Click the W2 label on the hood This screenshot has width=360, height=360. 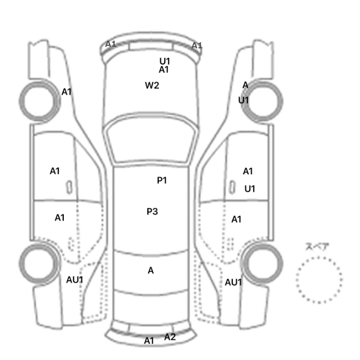click(x=152, y=85)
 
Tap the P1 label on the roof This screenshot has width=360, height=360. click(x=162, y=180)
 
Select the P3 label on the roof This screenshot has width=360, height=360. click(x=152, y=211)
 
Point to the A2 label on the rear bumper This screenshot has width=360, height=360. click(x=170, y=337)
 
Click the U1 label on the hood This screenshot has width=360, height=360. click(x=165, y=61)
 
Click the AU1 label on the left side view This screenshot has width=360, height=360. click(x=75, y=280)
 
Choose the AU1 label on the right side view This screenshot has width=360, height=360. click(x=233, y=282)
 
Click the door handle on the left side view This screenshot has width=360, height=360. click(x=69, y=187)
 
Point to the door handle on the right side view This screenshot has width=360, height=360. click(x=232, y=187)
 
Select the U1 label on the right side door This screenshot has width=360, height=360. click(x=250, y=189)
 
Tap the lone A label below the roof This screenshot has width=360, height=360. click(x=151, y=271)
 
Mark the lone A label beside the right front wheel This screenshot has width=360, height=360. click(x=245, y=85)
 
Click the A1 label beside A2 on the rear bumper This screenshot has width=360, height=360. click(x=149, y=340)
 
